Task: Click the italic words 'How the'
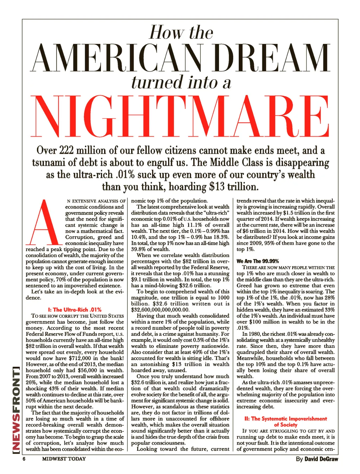click(x=181, y=33)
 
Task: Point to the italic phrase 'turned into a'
click(x=181, y=82)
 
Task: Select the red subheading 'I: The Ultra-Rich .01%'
click(x=75, y=310)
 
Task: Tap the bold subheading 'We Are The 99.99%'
click(x=258, y=261)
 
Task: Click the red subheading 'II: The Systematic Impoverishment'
click(x=285, y=418)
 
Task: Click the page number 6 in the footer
click(x=24, y=459)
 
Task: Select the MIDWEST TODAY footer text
click(x=64, y=459)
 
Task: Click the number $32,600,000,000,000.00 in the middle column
click(x=160, y=310)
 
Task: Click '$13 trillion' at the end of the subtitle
click(x=234, y=186)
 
